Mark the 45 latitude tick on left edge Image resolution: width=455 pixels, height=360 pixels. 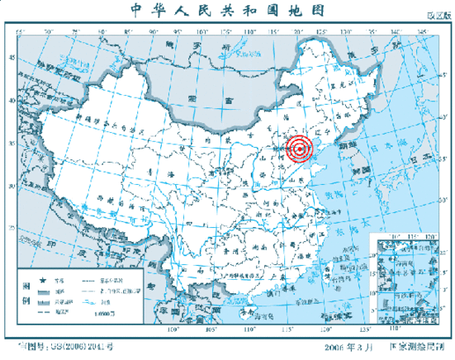pyautogui.click(x=12, y=57)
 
